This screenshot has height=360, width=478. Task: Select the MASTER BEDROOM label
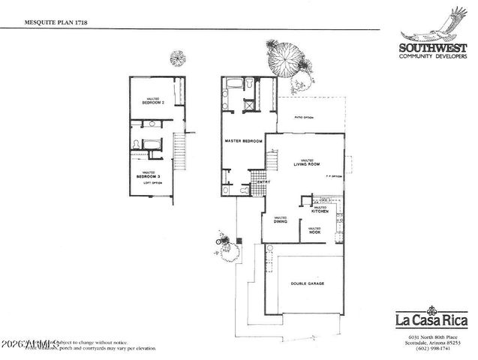243,141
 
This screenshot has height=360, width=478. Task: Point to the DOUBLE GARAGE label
308,283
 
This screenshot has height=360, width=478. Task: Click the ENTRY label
263,182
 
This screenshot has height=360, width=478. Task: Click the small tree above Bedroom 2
177,58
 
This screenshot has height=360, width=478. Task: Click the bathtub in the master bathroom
234,82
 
